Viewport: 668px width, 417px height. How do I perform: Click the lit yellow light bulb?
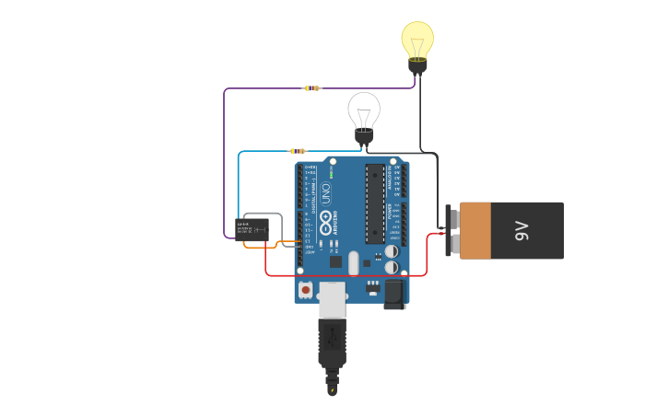(417, 40)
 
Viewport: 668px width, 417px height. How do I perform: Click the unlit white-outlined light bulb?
(364, 110)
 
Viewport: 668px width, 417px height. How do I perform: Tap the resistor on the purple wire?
(312, 88)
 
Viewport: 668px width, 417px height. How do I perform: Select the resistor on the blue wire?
(298, 151)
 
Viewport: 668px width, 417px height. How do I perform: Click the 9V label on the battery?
(522, 230)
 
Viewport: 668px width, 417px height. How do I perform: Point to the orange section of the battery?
(475, 230)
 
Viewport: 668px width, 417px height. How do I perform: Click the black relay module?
(252, 228)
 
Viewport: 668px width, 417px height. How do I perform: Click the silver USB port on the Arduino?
(332, 296)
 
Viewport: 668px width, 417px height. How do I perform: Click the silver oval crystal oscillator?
(353, 264)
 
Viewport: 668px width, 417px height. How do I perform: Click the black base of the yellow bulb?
(417, 64)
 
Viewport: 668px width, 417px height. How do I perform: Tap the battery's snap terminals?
(451, 230)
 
